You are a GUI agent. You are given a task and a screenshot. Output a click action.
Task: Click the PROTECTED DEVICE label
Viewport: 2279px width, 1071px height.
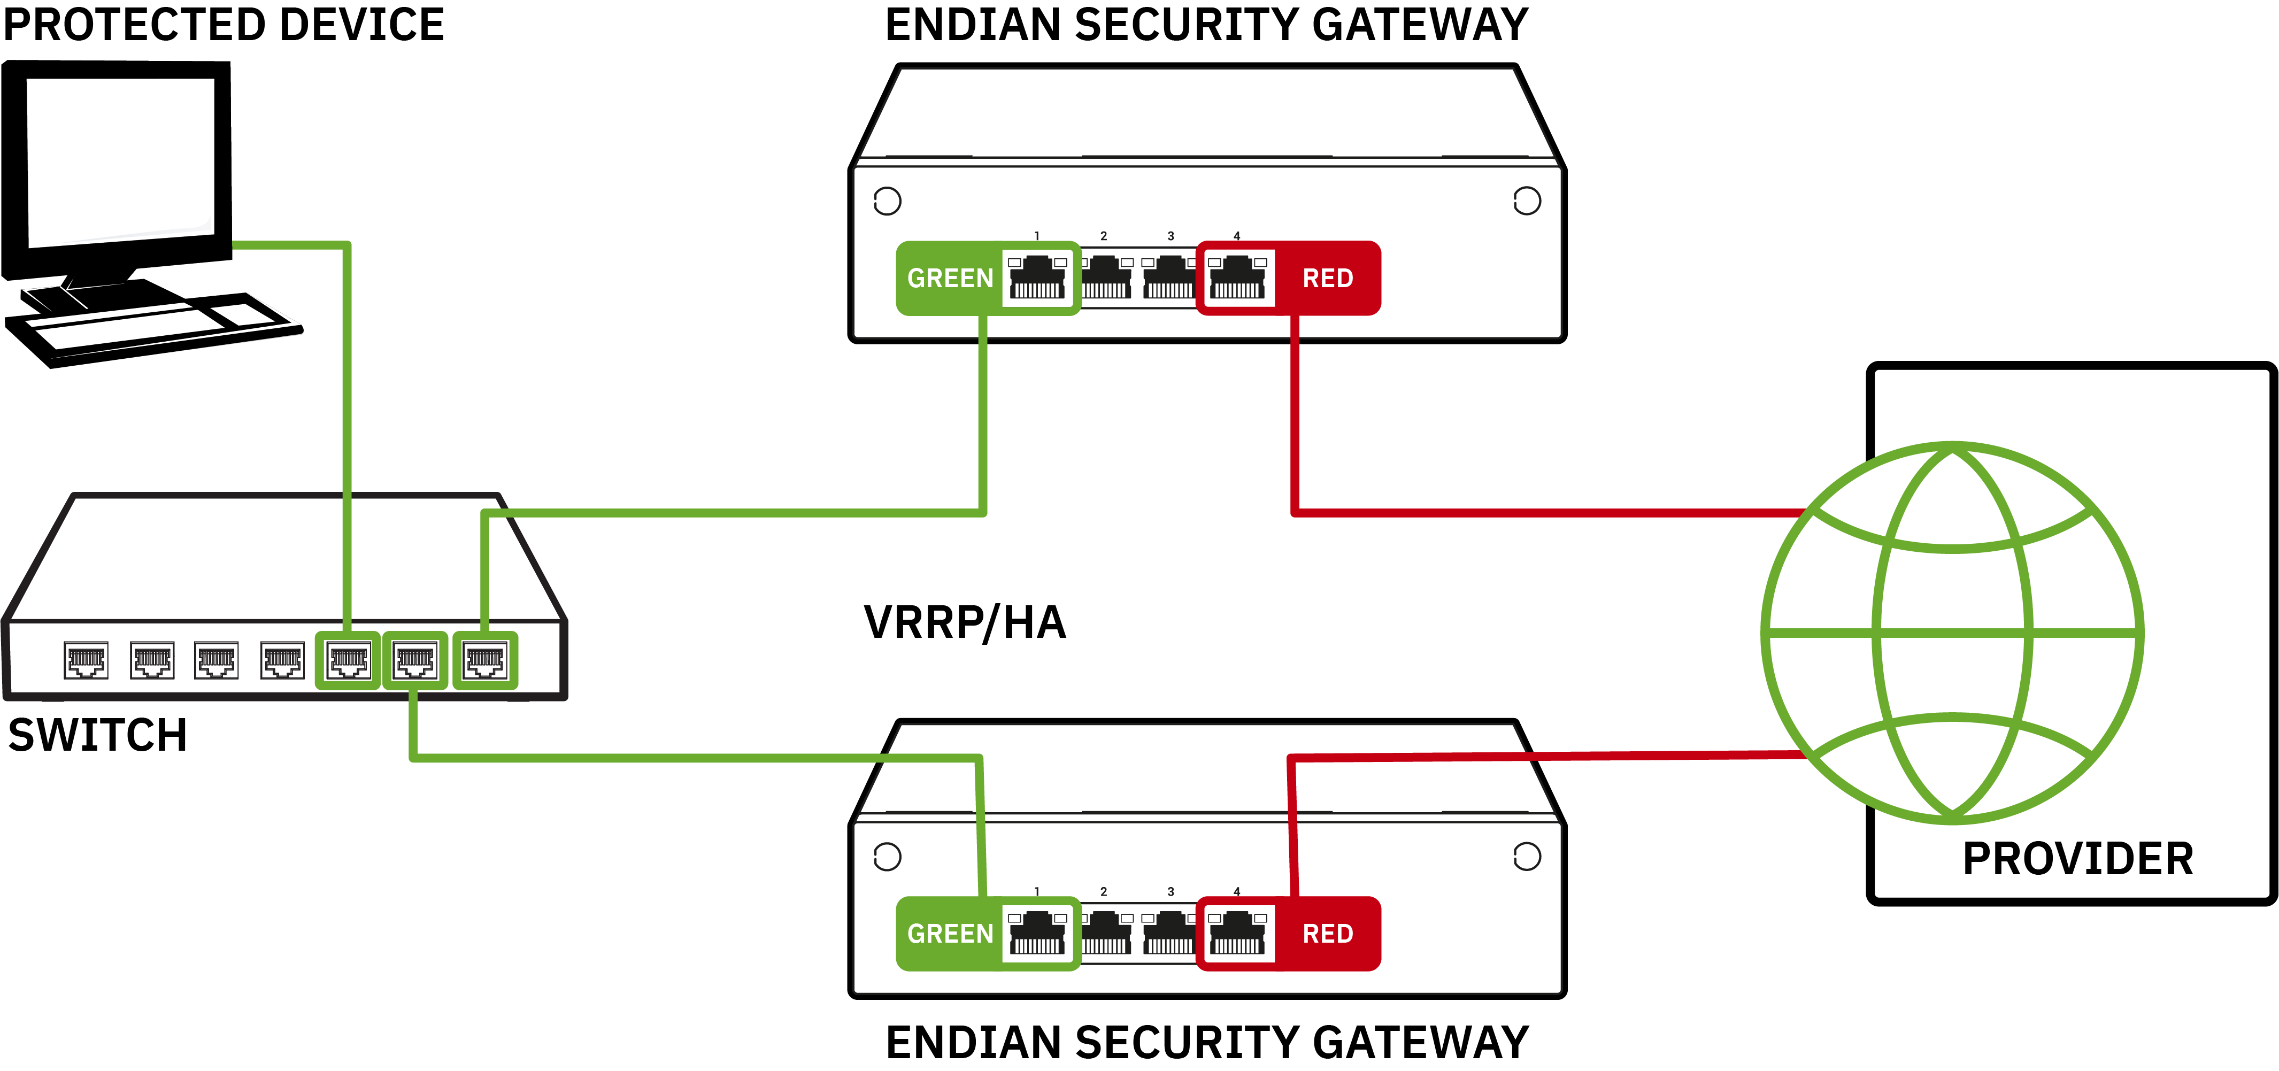223,25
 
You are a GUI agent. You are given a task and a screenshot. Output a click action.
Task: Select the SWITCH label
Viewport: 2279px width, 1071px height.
97,735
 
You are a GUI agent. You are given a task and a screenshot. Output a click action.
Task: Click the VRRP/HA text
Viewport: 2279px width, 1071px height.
964,622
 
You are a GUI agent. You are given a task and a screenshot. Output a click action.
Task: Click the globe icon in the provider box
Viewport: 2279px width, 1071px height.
1952,633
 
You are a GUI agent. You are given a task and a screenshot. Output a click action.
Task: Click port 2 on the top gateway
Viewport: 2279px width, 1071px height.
1105,278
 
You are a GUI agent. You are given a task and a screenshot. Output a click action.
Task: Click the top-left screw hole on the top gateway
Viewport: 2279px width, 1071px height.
887,201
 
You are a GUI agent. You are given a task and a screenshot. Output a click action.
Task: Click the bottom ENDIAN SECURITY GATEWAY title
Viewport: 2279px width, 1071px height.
1207,1042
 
